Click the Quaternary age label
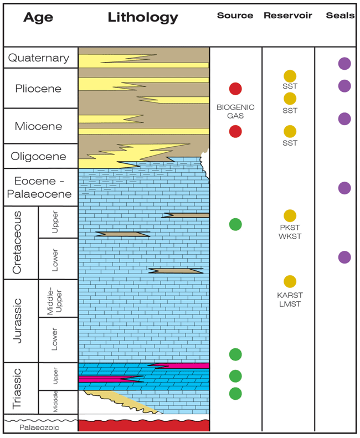[x=39, y=58]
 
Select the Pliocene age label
[x=39, y=89]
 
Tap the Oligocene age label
[x=39, y=157]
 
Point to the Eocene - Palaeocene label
[x=39, y=187]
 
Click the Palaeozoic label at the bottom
[x=39, y=427]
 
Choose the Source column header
[x=235, y=16]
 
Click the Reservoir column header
[x=287, y=16]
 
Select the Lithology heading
[x=143, y=18]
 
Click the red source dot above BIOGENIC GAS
[x=235, y=89]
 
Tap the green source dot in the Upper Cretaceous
[x=235, y=224]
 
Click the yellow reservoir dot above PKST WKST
[x=290, y=216]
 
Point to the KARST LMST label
[x=290, y=300]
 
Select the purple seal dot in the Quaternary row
[x=344, y=63]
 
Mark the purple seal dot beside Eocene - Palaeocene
[x=344, y=188]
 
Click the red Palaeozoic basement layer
[x=144, y=425]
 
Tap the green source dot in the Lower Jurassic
[x=235, y=354]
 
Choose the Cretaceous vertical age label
[x=17, y=243]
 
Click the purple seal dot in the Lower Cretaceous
[x=344, y=257]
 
